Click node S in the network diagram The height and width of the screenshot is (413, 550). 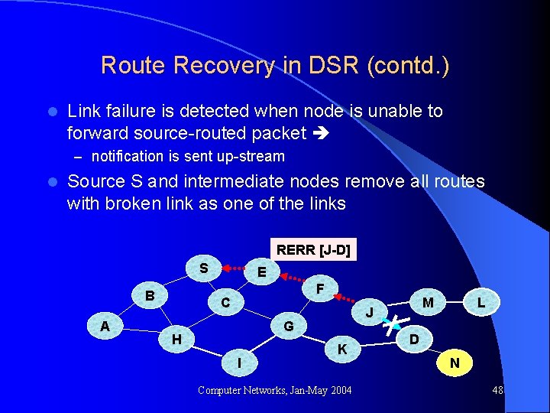coord(204,268)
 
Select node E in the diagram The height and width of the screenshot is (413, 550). coord(262,272)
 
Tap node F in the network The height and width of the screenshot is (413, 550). coord(321,288)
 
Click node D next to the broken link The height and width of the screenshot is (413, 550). coord(413,338)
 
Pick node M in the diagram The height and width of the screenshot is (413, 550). coord(428,303)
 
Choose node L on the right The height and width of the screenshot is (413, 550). coord(480,303)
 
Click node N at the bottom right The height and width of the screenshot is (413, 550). coord(455,363)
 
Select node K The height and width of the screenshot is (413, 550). coord(343,349)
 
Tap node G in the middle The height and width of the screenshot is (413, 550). coord(289,327)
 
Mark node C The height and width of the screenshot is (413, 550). coord(225,304)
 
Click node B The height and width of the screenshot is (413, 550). coord(150,296)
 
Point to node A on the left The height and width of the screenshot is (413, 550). coord(105,326)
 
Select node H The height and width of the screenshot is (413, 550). coord(176,339)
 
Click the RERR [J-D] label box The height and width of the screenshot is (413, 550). coord(313,250)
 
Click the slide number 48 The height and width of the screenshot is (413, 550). coord(497,390)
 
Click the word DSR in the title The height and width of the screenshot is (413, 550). coord(336,65)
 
